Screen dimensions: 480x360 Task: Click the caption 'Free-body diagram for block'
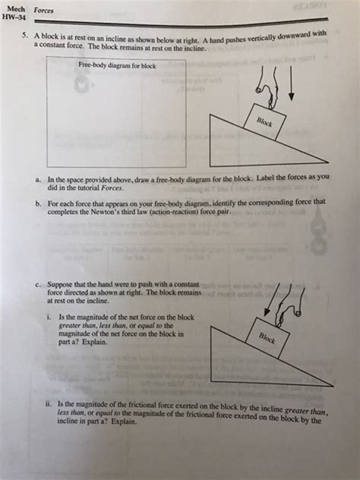point(117,65)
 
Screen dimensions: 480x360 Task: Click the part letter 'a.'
point(38,177)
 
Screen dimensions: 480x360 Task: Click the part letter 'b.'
point(38,203)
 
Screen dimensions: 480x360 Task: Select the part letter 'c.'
point(38,284)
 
